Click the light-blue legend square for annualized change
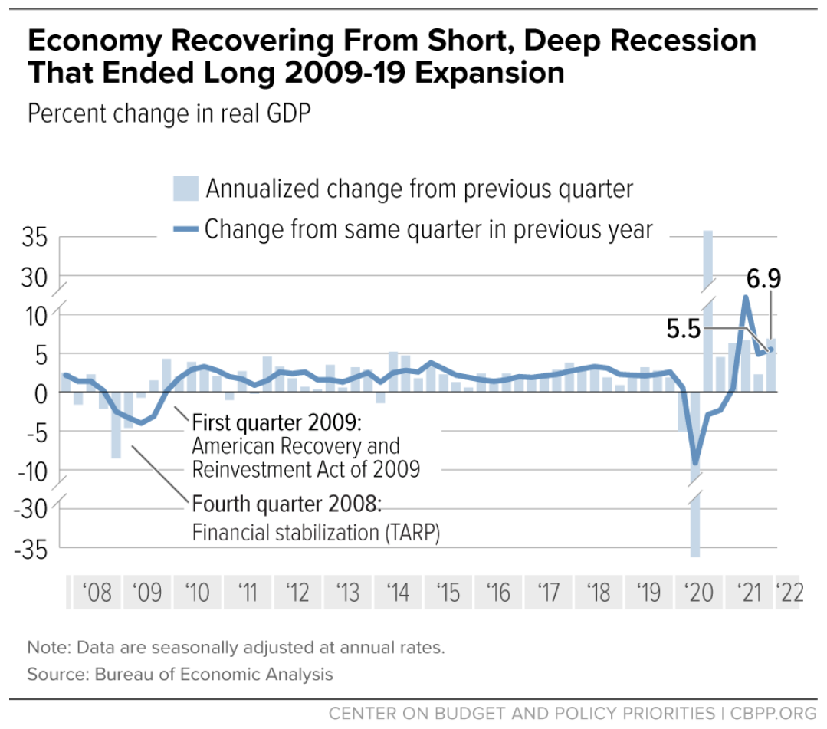[x=185, y=188]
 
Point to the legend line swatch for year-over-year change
[x=185, y=228]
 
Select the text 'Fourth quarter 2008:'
[x=286, y=505]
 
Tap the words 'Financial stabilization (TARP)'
[x=316, y=533]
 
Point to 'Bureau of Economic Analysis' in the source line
[x=214, y=675]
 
